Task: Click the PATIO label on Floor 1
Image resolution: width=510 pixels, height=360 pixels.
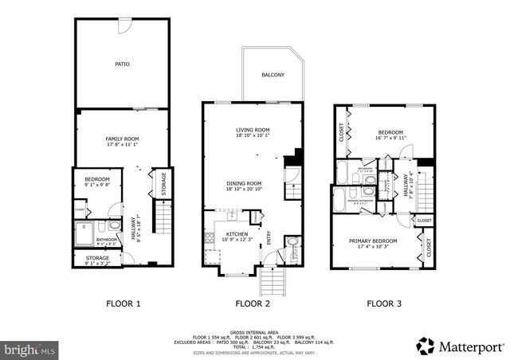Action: coord(122,64)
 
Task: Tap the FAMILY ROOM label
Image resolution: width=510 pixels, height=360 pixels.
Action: coord(122,139)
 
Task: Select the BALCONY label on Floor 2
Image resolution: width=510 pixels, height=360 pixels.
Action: coord(273,75)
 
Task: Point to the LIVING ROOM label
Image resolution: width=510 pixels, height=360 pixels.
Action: coord(252,130)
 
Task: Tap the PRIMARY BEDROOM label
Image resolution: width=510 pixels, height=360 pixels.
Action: coord(374,241)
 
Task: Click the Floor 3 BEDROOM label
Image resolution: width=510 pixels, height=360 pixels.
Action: coord(390,132)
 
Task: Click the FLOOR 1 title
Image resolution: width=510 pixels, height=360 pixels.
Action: coord(124,303)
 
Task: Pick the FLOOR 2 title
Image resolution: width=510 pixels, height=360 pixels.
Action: coord(253,303)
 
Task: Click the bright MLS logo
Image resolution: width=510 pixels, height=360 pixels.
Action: coord(29,349)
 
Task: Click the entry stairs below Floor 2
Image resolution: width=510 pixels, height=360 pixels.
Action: coord(270,280)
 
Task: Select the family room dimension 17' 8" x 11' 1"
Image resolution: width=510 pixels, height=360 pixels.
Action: coord(122,145)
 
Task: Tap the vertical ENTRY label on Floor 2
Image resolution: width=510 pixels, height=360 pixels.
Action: coord(269,238)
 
